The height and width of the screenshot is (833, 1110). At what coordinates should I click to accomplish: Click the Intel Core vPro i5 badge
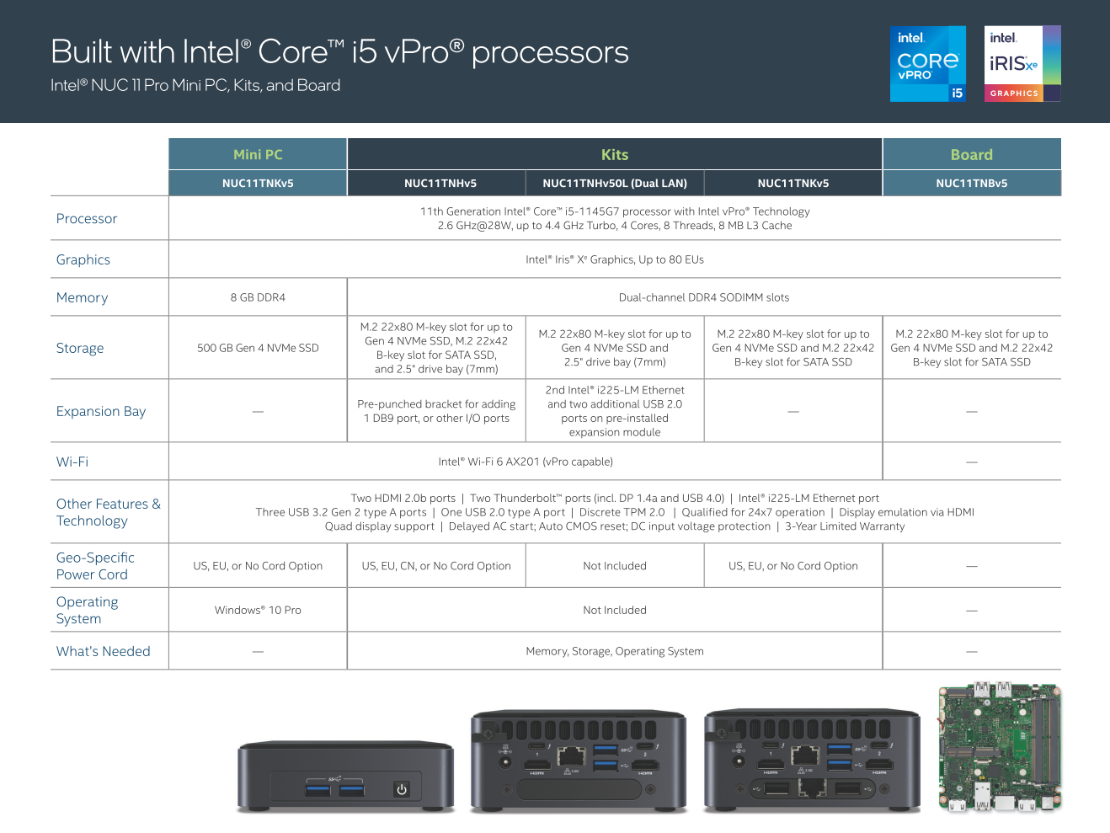coord(927,64)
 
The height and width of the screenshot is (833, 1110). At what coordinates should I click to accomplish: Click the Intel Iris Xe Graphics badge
coord(1022,64)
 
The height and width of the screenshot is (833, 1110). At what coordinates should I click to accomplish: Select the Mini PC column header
coord(258,155)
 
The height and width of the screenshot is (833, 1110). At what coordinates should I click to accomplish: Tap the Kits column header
coord(615,155)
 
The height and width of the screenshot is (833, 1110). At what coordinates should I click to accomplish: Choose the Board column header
coord(971,155)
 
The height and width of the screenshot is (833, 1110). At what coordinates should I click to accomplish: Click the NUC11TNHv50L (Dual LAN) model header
coord(615,184)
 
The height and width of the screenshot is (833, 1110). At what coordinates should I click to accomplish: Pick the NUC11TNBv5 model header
coord(971,184)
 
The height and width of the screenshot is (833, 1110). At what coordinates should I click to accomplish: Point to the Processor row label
coord(87,219)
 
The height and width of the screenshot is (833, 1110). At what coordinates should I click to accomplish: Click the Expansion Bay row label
coord(101,412)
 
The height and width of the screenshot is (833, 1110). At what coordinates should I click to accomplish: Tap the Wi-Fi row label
coord(72,462)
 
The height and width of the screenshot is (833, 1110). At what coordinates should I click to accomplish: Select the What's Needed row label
coord(104,652)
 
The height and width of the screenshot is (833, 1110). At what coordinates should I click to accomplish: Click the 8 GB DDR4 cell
coord(258,298)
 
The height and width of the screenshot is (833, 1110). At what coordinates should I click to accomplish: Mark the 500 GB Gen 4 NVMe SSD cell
coord(258,349)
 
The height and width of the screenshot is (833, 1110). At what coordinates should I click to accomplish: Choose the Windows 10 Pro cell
coord(258,611)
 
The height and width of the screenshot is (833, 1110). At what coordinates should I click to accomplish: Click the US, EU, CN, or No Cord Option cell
coord(436,567)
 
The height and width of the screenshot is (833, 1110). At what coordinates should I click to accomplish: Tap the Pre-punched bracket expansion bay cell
coord(436,411)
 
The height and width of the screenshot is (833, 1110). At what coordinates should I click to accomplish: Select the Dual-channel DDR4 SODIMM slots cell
coord(703,298)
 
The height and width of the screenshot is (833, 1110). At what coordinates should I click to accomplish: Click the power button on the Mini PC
coord(402,789)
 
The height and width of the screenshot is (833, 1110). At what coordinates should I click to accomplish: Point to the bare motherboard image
coord(1000,747)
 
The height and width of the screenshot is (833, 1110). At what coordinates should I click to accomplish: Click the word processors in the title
coord(550,53)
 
